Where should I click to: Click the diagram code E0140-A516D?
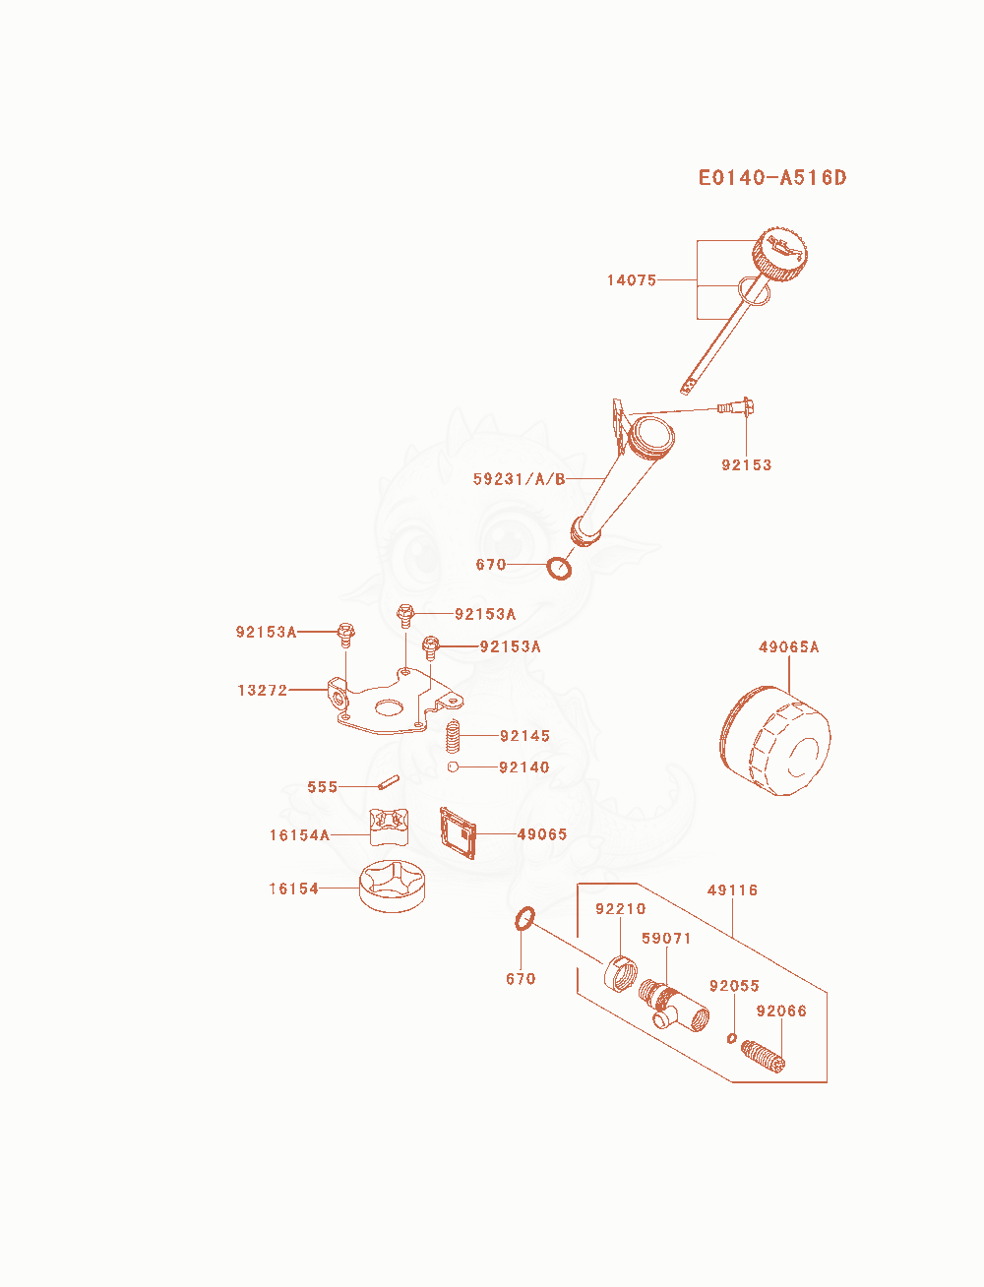point(772,178)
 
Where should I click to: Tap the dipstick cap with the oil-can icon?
point(779,255)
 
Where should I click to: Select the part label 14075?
point(632,280)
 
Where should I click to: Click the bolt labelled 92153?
point(736,406)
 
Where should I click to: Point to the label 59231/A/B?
point(519,479)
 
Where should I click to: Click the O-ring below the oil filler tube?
point(559,568)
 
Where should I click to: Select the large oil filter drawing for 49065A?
point(774,741)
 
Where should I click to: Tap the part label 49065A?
point(789,646)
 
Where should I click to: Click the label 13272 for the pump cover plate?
point(262,690)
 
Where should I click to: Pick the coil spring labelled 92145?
point(452,736)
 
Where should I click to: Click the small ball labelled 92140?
point(452,766)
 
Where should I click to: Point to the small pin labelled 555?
point(389,782)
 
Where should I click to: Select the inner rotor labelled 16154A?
point(389,827)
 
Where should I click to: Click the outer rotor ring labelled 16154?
point(393,887)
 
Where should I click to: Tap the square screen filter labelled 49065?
point(458,833)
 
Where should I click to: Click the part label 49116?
point(732,890)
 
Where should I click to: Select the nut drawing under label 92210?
point(621,974)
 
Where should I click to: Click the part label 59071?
point(666,938)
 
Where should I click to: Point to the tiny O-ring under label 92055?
point(731,1038)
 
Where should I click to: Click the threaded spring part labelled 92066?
point(763,1056)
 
